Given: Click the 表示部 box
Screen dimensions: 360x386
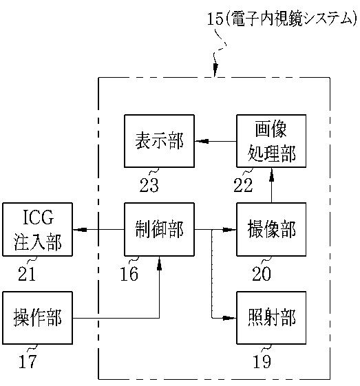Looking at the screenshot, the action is [x=159, y=141].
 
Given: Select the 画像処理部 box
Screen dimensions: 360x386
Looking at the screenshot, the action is [x=271, y=141].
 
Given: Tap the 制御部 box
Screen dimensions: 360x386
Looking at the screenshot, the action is [x=159, y=229].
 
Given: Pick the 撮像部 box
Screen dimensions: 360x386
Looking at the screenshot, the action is [x=271, y=229].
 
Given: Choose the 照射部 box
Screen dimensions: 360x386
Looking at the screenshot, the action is [x=271, y=318].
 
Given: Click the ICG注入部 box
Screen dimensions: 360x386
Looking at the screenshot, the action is [x=37, y=229].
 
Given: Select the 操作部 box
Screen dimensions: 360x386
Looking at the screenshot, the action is [x=37, y=318].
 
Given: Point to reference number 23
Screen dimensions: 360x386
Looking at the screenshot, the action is [x=149, y=185].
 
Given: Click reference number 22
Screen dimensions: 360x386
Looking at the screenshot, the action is [x=243, y=185].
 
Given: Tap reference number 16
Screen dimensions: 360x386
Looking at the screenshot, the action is [x=129, y=274].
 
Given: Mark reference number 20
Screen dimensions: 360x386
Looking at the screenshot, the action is [x=262, y=274].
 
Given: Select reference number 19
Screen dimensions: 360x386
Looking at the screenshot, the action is [x=262, y=361].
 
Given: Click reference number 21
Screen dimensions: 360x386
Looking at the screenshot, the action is [x=27, y=274].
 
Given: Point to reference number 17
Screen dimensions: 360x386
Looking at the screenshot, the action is [x=28, y=361].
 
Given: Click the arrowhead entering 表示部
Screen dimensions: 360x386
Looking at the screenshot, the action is [x=202, y=141].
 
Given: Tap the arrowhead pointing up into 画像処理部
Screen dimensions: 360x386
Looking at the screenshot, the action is [x=271, y=175].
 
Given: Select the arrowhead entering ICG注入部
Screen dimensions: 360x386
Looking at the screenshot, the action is [x=80, y=230].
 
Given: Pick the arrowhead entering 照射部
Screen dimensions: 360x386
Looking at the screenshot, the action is [x=229, y=318].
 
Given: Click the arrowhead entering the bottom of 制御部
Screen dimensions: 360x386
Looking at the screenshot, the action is [x=159, y=264].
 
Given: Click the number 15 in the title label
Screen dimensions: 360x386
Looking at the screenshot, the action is [x=215, y=19].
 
